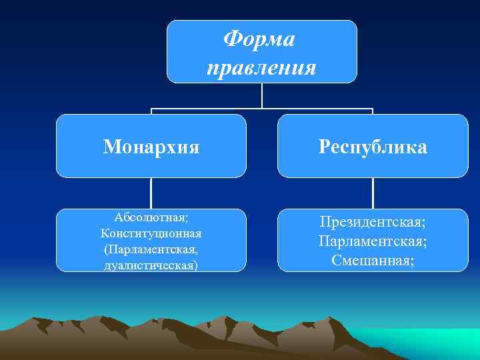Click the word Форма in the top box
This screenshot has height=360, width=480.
point(261,39)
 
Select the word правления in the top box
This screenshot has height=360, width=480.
point(261,67)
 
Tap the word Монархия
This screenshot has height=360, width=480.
point(151,147)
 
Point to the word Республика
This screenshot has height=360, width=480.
point(373,147)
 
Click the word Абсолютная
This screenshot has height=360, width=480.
point(151,218)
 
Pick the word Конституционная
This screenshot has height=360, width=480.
point(151,233)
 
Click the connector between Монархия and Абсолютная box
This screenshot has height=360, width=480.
point(151,193)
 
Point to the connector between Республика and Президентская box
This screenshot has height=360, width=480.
point(373,193)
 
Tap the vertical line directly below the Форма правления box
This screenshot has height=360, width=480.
point(261,95)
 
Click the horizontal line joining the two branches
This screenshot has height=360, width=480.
point(207,108)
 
